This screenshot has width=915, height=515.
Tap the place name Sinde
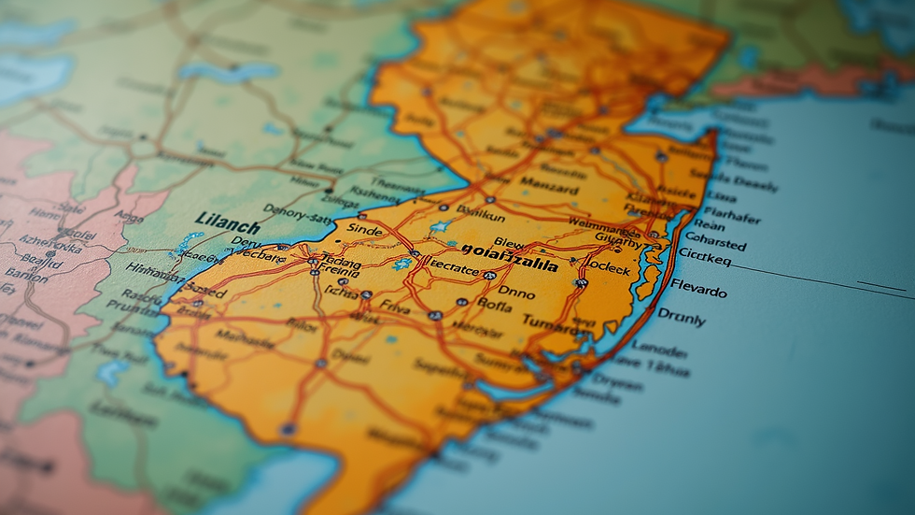[364, 227]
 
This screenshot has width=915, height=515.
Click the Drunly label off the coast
[681, 317]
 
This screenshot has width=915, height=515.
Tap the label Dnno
[516, 293]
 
